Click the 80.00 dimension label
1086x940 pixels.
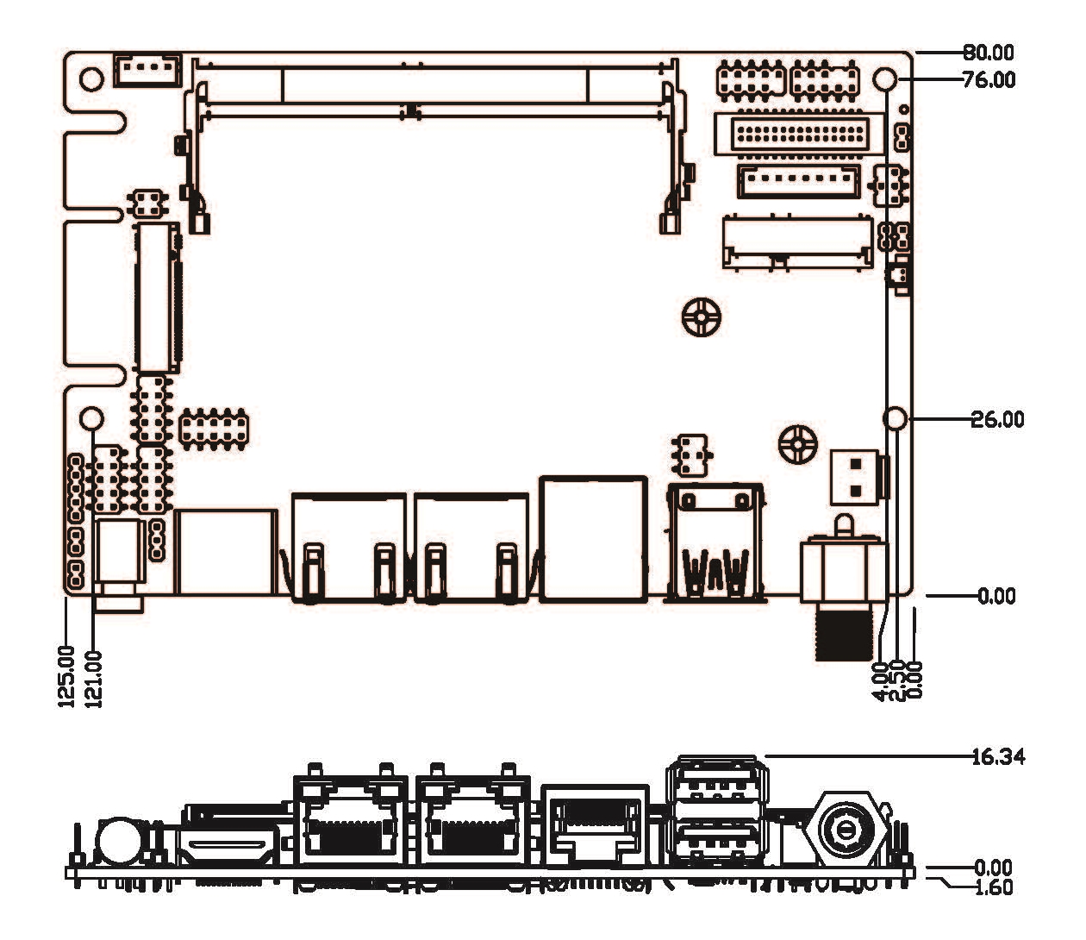pos(989,53)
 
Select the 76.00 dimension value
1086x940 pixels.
pos(989,80)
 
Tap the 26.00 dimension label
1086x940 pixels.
pos(997,420)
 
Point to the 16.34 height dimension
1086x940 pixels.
pos(997,757)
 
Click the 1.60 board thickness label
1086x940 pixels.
pos(994,887)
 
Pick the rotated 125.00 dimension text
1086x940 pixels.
pos(68,677)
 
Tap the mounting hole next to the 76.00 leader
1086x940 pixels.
pos(885,79)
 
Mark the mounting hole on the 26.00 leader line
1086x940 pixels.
pos(896,419)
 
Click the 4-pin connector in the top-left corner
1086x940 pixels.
pos(147,69)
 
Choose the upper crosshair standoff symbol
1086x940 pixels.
pos(702,318)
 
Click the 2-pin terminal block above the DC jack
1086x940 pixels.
pos(855,477)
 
